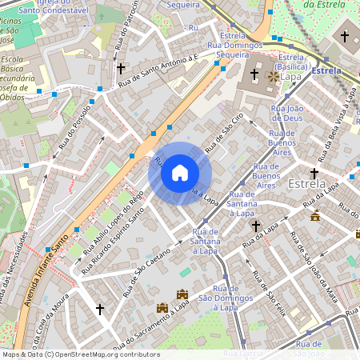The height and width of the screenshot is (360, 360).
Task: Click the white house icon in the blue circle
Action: point(180,173)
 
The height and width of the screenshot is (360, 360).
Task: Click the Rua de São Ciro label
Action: point(223,133)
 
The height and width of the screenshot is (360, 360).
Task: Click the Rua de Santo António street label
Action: point(156,71)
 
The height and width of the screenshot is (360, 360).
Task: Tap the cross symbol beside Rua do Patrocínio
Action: point(120,69)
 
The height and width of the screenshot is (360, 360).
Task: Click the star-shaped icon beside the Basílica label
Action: point(272,77)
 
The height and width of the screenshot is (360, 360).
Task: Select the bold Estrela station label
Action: point(326,71)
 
